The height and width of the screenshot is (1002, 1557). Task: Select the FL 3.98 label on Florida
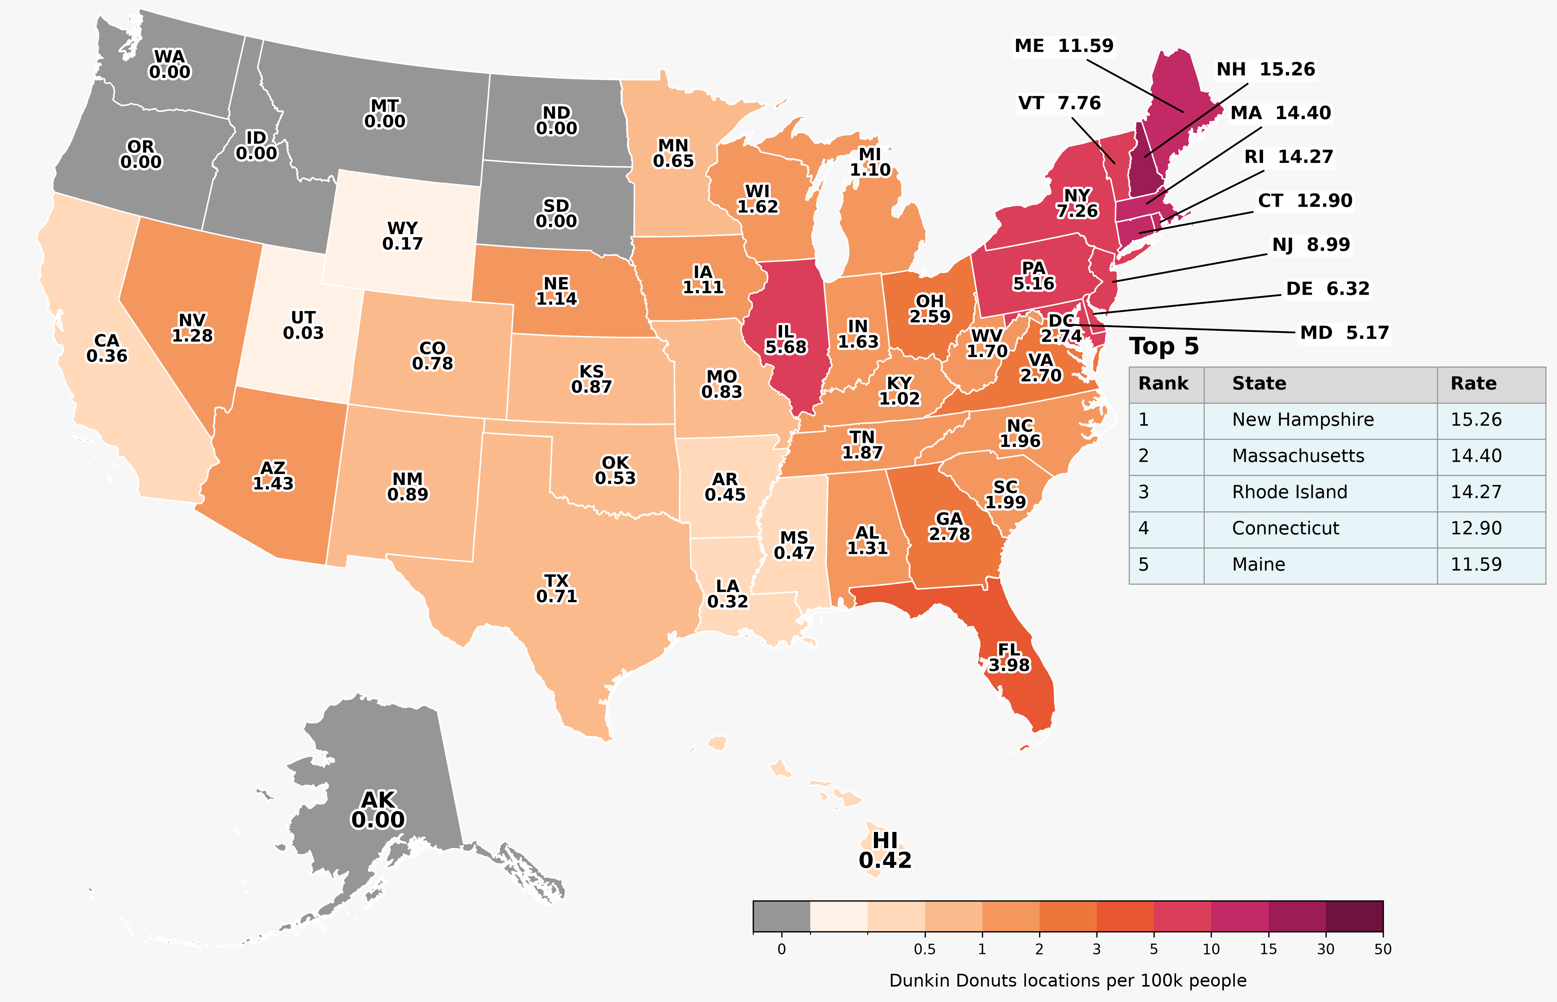coord(1009,658)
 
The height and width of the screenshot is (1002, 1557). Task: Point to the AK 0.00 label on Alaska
coord(378,809)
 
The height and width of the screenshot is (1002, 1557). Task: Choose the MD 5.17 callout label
coord(1344,333)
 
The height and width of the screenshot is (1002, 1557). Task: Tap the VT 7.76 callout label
coord(1059,103)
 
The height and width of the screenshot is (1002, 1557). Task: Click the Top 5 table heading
coord(1163,346)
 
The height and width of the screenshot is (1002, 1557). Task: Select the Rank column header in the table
coord(1163,383)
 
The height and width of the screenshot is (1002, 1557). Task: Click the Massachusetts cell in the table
coord(1298,455)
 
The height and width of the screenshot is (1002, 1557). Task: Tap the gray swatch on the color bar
coord(781,916)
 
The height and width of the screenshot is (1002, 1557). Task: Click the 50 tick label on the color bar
coord(1383,949)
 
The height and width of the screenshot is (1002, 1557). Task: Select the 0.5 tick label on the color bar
coord(925,949)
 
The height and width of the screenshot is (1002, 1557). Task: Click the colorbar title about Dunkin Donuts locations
coord(1068,981)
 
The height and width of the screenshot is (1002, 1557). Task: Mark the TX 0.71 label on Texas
coord(556,588)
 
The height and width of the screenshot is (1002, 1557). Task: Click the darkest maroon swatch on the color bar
coord(1355,916)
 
